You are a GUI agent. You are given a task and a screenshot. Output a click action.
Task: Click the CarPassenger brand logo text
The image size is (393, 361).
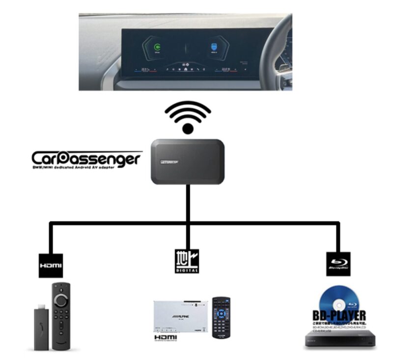click(86, 158)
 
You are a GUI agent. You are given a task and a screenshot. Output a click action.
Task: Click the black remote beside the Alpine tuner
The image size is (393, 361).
click(221, 317)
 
